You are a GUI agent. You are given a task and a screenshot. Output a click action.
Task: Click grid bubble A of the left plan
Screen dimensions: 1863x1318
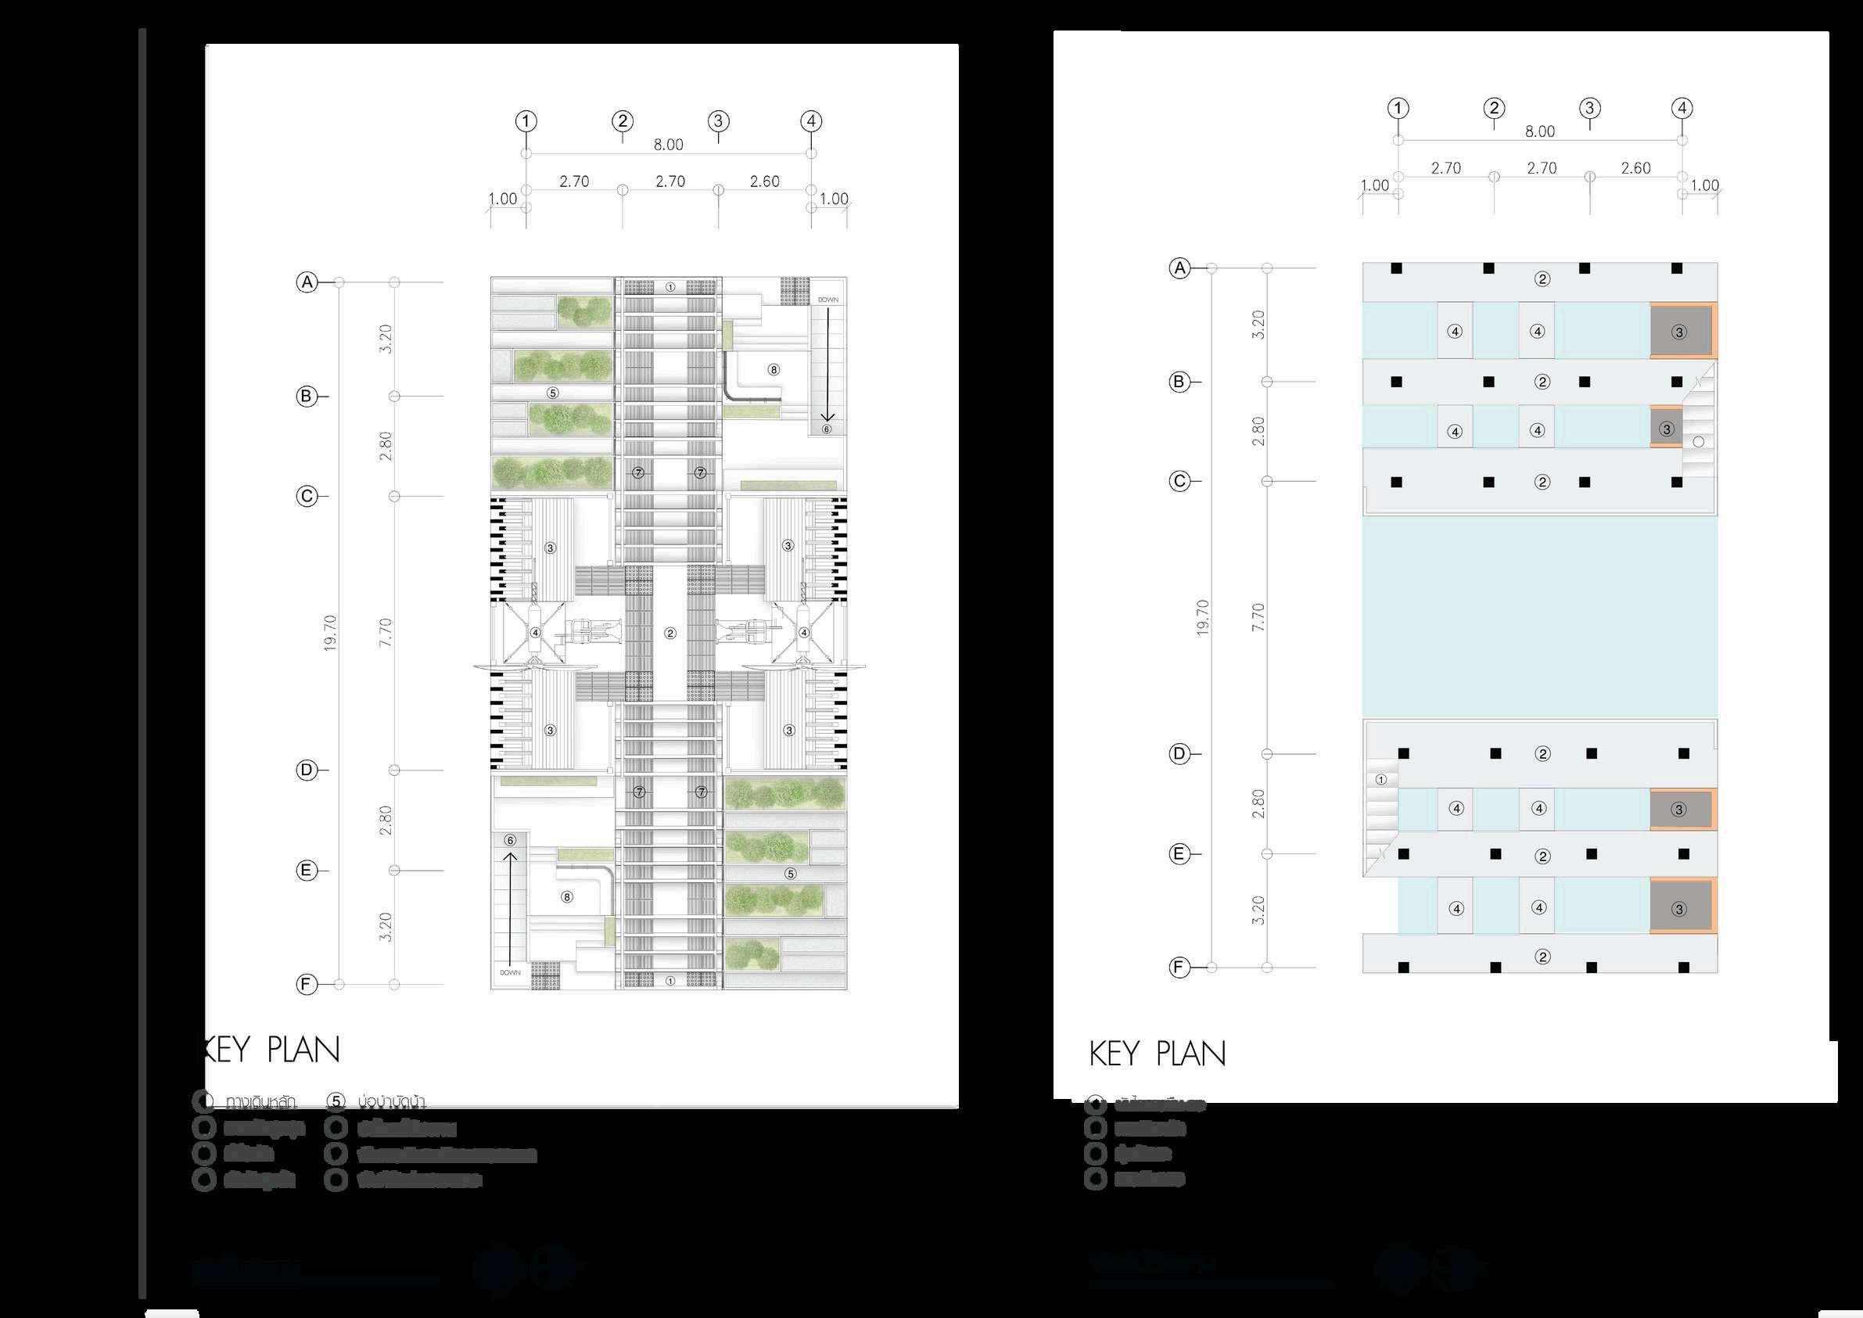pos(307,282)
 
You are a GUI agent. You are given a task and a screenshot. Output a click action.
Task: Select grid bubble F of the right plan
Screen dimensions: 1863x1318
pos(1179,968)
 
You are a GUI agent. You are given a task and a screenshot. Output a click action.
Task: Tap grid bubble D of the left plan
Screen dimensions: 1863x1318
pos(307,770)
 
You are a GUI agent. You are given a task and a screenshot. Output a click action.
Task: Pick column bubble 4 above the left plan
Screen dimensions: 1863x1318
pos(811,122)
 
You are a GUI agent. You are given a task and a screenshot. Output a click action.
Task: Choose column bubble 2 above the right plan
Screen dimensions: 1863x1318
pos(1494,108)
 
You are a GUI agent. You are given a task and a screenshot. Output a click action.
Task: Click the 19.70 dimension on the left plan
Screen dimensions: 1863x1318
pos(330,633)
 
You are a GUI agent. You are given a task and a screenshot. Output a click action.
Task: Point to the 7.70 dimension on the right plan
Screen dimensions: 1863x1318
pos(1258,618)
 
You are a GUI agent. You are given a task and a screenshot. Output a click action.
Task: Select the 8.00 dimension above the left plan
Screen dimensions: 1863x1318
pos(669,145)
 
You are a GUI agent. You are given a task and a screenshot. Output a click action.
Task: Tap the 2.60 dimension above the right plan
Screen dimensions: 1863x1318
pos(1636,168)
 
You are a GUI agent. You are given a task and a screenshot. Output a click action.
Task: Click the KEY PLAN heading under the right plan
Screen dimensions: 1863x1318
pos(1157,1054)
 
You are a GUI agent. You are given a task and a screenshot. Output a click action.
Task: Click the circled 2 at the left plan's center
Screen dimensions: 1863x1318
pos(670,633)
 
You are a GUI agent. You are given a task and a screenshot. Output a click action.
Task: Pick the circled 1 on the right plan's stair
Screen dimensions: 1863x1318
pos(1381,780)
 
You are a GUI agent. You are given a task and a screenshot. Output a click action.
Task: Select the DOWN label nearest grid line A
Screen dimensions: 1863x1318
pos(828,300)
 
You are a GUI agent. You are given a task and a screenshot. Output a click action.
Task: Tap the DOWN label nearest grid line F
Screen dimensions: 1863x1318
pos(511,972)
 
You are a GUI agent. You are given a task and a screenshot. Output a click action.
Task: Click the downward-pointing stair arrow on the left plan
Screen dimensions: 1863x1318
pos(828,365)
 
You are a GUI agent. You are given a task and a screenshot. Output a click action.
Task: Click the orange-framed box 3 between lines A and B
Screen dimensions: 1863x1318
pos(1681,331)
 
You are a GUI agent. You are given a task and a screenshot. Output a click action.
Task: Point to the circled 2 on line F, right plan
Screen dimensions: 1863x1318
pos(1542,957)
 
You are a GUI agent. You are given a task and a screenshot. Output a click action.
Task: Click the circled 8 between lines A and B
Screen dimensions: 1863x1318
pos(774,370)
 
